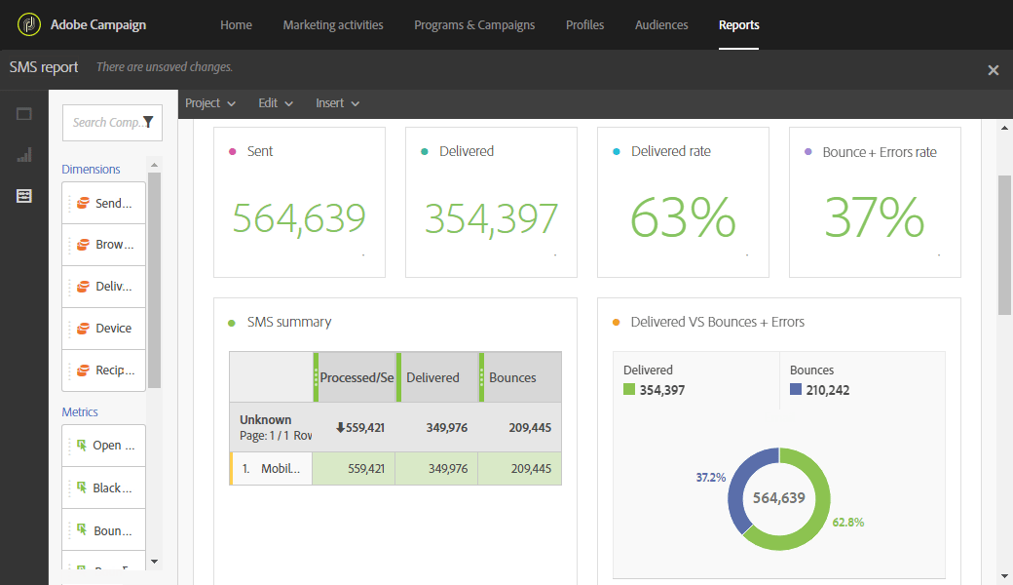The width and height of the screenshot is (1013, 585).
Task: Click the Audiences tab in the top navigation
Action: (660, 25)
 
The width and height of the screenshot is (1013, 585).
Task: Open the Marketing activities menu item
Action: (333, 25)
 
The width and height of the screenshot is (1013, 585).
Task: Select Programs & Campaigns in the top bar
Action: (474, 25)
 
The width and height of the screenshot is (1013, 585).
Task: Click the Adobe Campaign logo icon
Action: (29, 24)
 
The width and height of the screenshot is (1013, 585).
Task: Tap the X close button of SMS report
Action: (994, 70)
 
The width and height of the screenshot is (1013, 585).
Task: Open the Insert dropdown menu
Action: (337, 103)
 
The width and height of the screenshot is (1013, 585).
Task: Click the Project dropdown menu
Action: (210, 103)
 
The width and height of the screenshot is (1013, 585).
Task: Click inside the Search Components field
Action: (105, 123)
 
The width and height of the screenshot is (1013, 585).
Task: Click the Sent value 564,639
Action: (299, 218)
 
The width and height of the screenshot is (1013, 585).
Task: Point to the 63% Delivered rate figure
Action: (683, 217)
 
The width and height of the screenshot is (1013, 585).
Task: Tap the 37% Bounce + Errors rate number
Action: (874, 217)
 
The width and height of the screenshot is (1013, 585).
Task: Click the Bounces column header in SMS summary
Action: (512, 378)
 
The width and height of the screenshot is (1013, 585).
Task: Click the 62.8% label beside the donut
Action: (847, 523)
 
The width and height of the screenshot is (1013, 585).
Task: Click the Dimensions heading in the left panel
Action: (91, 170)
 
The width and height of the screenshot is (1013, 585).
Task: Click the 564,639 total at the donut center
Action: (778, 498)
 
